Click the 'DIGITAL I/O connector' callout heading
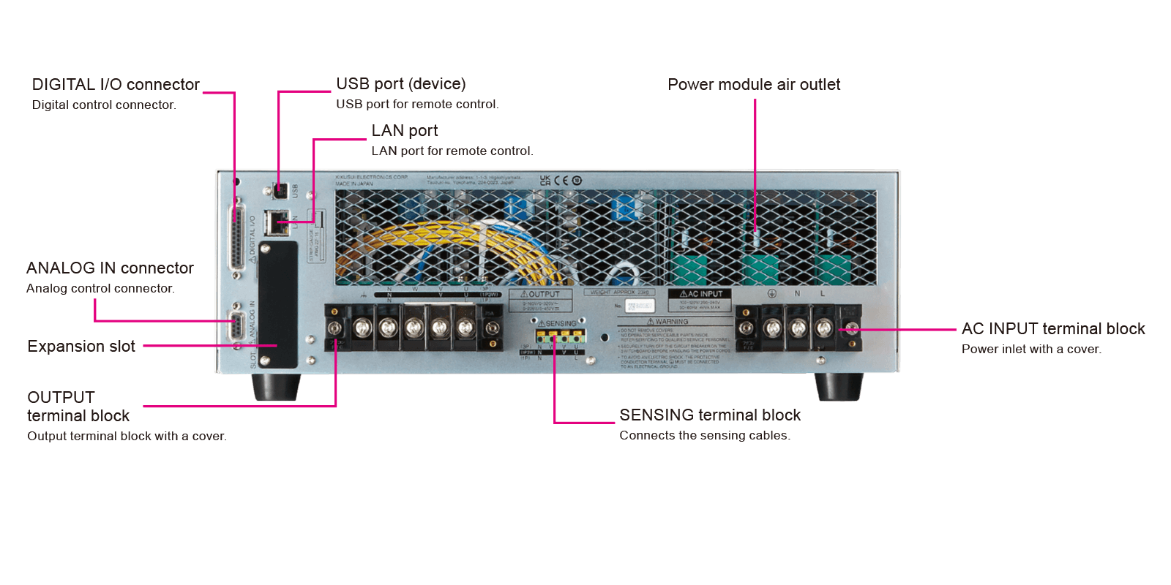pos(116,85)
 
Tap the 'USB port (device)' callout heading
pos(400,84)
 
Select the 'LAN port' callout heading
pos(404,131)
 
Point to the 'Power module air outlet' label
pos(754,85)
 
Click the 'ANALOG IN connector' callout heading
pos(110,268)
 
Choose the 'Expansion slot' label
pos(81,347)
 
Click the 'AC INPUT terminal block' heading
pos(1053,329)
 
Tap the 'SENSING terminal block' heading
pos(710,415)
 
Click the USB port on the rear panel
pos(280,191)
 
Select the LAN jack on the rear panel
pos(276,221)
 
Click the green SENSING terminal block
pos(561,337)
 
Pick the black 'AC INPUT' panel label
pos(699,294)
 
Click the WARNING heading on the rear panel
pos(667,322)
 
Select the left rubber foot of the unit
pos(276,387)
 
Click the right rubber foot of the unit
pos(839,387)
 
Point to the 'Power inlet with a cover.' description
pos(1030,350)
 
